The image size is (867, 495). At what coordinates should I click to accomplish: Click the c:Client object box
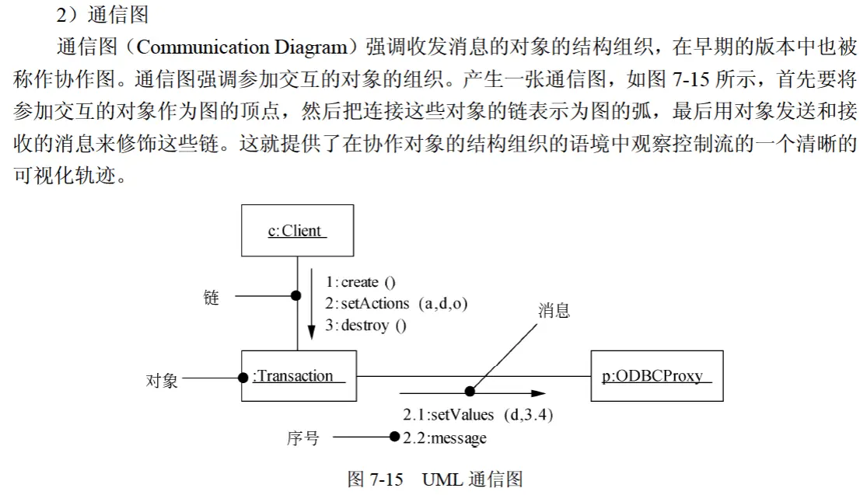(298, 230)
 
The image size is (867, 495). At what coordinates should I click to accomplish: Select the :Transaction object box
(299, 375)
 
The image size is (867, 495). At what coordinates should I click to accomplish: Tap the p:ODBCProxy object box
(657, 375)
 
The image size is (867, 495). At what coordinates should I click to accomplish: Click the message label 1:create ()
(360, 282)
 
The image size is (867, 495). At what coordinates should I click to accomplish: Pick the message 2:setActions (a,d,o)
(396, 303)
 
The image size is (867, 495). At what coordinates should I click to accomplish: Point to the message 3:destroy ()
(365, 326)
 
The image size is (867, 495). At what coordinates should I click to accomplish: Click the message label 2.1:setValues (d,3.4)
(477, 414)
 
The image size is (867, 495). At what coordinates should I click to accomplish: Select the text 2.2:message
(445, 438)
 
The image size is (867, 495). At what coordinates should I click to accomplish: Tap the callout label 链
(212, 298)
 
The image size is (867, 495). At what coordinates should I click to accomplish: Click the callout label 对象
(162, 381)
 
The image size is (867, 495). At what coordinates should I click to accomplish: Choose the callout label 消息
(554, 311)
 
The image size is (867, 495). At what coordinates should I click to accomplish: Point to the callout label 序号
(303, 438)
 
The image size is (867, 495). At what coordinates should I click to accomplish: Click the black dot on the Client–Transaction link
(295, 296)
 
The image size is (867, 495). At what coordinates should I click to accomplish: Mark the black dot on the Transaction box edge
(243, 378)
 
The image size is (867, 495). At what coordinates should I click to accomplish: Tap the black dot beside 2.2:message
(394, 437)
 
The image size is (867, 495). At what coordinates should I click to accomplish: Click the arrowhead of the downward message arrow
(311, 332)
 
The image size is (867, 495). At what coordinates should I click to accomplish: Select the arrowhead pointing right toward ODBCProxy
(539, 393)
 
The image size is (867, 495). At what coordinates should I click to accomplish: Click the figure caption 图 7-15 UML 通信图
(435, 479)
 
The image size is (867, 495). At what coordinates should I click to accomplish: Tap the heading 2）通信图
(103, 15)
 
